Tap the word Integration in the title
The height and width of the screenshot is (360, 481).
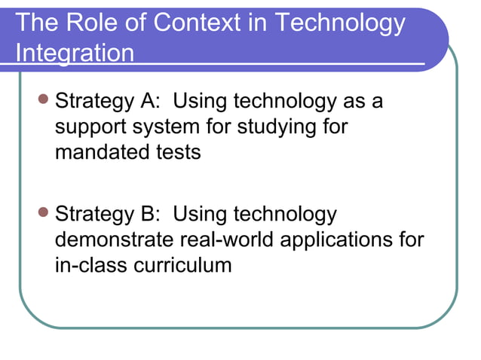[75, 54]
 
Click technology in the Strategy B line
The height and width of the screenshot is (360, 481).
[286, 214]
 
